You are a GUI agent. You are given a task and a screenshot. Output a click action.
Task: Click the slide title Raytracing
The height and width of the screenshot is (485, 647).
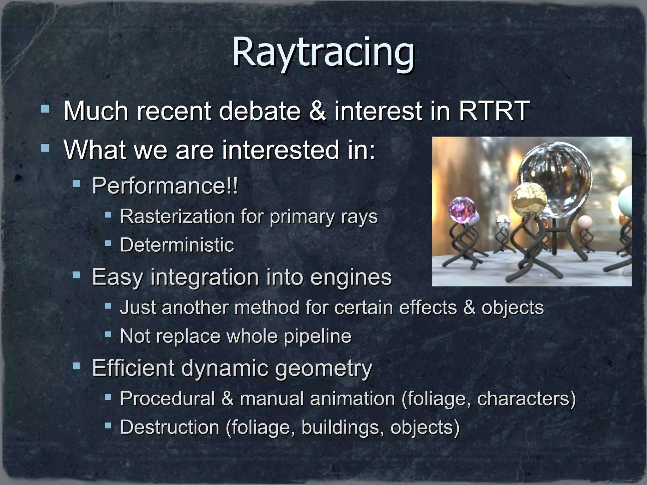pyautogui.click(x=323, y=52)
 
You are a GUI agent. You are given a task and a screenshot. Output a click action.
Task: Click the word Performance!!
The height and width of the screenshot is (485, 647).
pyautogui.click(x=165, y=186)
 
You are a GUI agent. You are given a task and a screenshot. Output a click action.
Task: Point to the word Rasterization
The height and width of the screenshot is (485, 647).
pyautogui.click(x=177, y=217)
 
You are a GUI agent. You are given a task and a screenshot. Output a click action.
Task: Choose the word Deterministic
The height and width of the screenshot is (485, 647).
pyautogui.click(x=177, y=245)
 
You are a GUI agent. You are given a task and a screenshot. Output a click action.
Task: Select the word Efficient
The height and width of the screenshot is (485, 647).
pyautogui.click(x=133, y=368)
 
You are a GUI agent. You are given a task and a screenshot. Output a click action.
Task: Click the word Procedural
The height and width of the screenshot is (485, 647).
pyautogui.click(x=167, y=398)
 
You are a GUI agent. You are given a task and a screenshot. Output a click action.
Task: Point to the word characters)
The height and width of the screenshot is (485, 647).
pyautogui.click(x=526, y=398)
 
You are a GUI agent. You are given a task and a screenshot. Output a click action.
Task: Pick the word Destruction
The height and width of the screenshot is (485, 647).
pyautogui.click(x=170, y=427)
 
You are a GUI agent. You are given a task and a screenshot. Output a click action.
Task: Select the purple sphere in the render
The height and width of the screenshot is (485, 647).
pyautogui.click(x=462, y=210)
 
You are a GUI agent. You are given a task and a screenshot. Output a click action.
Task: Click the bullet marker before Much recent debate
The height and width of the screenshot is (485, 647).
pyautogui.click(x=45, y=109)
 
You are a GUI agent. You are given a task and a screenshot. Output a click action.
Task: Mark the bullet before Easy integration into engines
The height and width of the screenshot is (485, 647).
pyautogui.click(x=76, y=275)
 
